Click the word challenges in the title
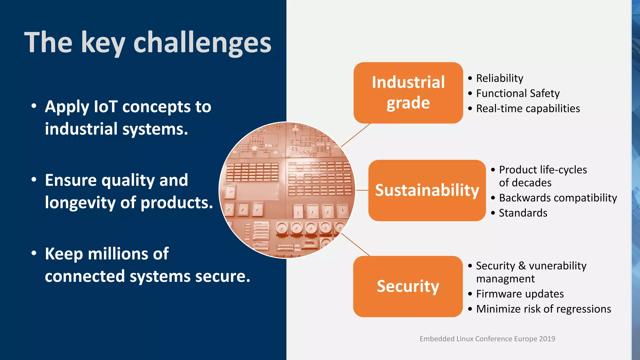click(x=202, y=43)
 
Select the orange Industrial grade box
click(x=408, y=92)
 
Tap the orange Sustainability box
click(x=427, y=190)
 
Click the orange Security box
click(x=408, y=286)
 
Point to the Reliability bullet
click(x=499, y=78)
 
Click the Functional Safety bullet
click(x=517, y=93)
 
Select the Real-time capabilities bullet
click(x=528, y=108)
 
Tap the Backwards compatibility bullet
click(x=558, y=198)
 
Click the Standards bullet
click(x=523, y=213)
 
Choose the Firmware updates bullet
click(x=520, y=294)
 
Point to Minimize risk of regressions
click(x=543, y=309)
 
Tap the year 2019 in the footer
click(x=547, y=339)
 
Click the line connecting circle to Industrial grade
click(x=356, y=135)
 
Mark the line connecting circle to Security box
click(x=355, y=244)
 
